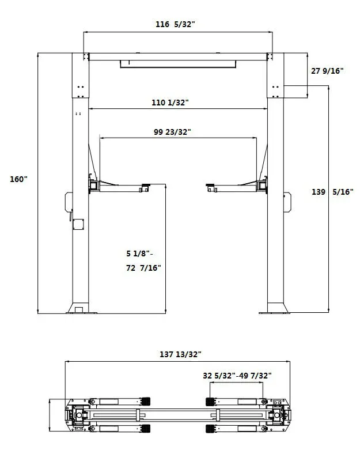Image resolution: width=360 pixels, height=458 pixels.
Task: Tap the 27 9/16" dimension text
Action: click(x=327, y=71)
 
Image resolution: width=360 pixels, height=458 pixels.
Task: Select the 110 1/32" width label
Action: click(x=170, y=103)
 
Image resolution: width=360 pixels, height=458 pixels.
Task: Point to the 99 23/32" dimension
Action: click(x=172, y=132)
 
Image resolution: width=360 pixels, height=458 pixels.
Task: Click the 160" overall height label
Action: click(x=18, y=179)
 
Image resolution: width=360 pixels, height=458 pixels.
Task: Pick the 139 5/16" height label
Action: click(x=332, y=192)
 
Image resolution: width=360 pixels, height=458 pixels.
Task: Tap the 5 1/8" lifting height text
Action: click(x=141, y=253)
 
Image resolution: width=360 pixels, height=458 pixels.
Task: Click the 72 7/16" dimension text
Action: click(x=143, y=268)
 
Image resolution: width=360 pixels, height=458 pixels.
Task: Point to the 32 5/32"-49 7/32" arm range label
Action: click(x=237, y=376)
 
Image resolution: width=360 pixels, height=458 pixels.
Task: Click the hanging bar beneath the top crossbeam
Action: click(x=178, y=63)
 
